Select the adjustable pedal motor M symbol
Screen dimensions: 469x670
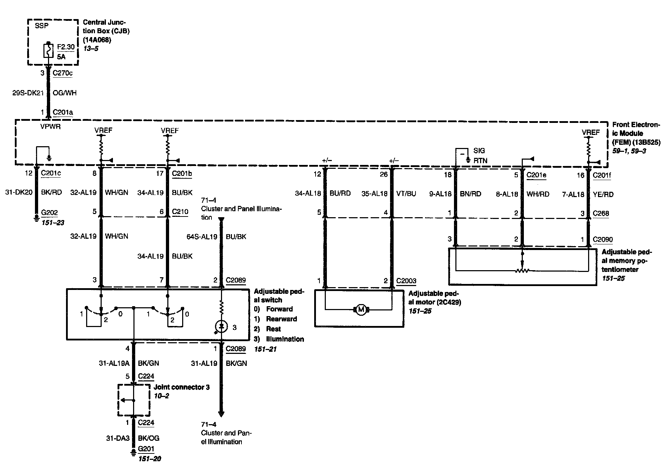pyautogui.click(x=361, y=310)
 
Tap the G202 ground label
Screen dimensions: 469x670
pyautogui.click(x=49, y=213)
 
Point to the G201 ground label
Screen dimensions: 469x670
pyautogui.click(x=146, y=449)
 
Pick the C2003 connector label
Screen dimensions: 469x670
pyautogui.click(x=406, y=281)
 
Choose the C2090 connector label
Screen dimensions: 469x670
pyautogui.click(x=603, y=239)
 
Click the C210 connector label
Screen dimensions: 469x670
pyautogui.click(x=180, y=212)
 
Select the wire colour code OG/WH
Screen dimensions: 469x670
pyautogui.click(x=65, y=93)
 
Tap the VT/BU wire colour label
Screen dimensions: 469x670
pyautogui.click(x=406, y=194)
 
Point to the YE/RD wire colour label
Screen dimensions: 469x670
pyautogui.click(x=603, y=194)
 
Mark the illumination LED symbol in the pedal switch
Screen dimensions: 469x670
pyautogui.click(x=222, y=327)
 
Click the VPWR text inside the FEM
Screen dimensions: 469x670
pyautogui.click(x=50, y=126)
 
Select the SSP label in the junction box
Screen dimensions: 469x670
pyautogui.click(x=42, y=26)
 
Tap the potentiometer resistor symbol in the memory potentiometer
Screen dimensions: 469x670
pyautogui.click(x=522, y=271)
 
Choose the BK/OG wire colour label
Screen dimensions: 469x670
pyautogui.click(x=149, y=438)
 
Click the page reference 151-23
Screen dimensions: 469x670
pyautogui.click(x=53, y=223)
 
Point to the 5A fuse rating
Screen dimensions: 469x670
pyautogui.click(x=61, y=57)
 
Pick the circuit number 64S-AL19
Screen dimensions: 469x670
pyautogui.click(x=202, y=237)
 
